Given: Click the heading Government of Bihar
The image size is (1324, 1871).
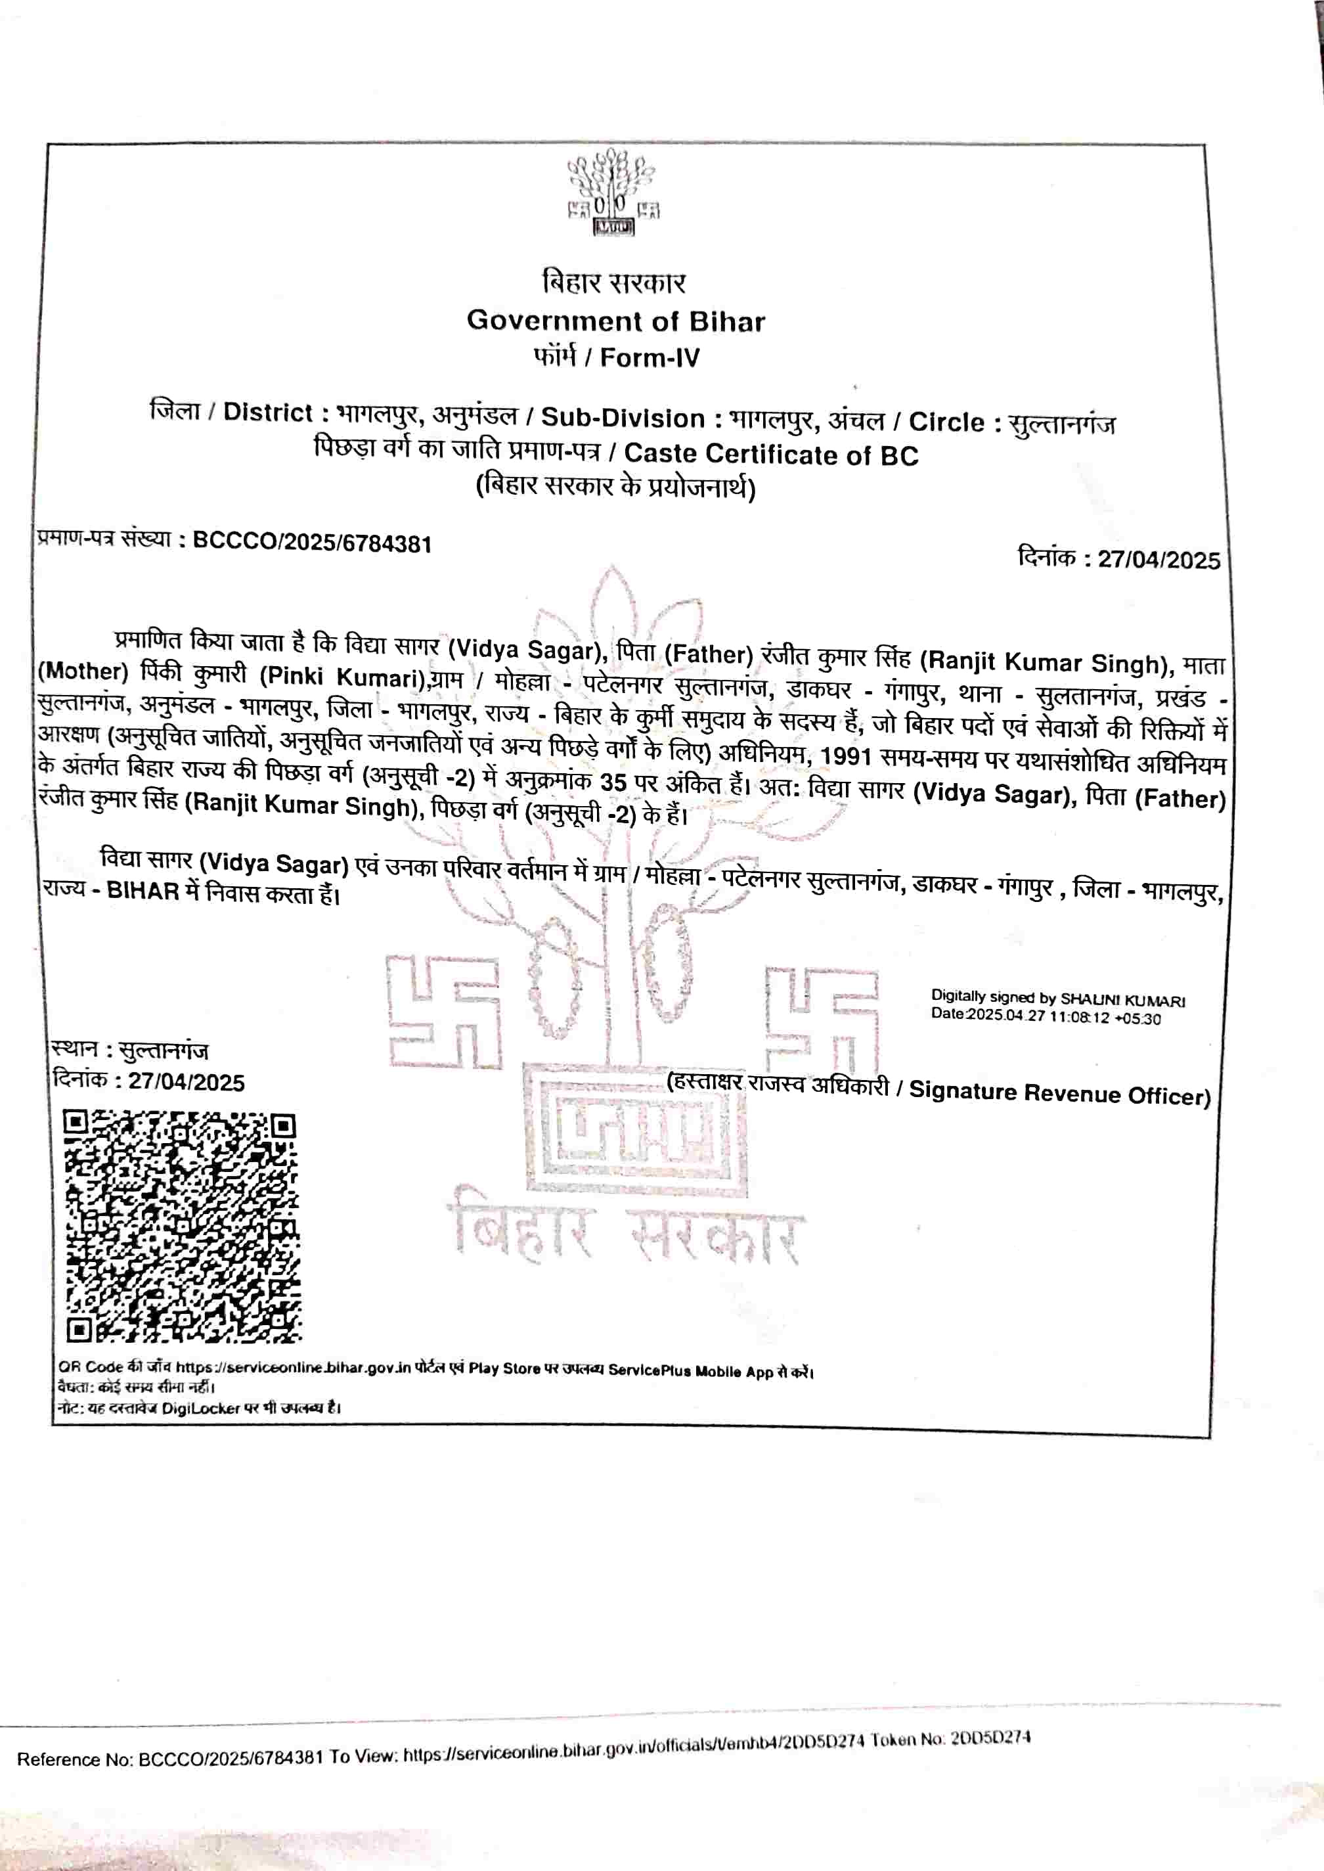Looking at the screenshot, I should tap(615, 321).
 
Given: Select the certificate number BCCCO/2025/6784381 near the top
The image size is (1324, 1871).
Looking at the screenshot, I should tap(312, 543).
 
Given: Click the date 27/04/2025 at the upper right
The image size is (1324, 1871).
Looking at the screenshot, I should tap(1158, 560).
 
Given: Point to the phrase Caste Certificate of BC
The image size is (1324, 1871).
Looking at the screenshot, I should tap(771, 455).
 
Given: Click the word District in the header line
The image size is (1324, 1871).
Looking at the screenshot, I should tap(267, 412).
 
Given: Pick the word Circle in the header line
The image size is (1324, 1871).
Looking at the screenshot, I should tap(946, 422).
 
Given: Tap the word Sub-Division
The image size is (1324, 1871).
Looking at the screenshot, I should tap(623, 418).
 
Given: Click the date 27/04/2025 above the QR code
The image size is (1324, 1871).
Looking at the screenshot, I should tap(187, 1082).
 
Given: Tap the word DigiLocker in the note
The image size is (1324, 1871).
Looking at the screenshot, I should tap(200, 1408).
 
